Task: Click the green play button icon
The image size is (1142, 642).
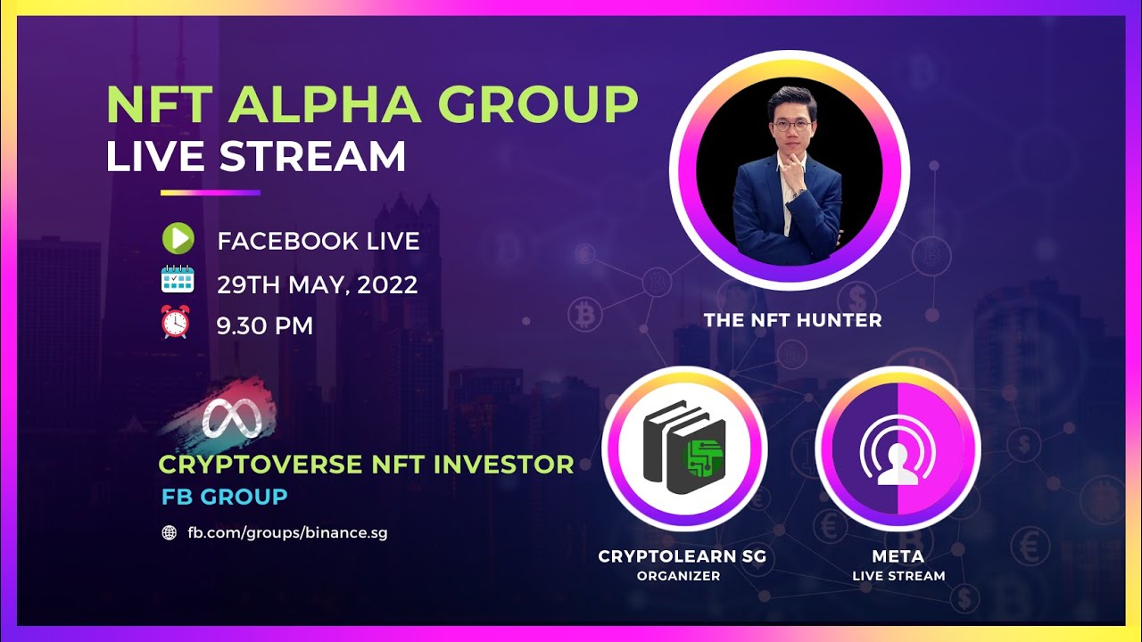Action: coord(178,239)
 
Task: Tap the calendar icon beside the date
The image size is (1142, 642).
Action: coord(177,279)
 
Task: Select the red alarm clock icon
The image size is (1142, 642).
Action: coord(176,322)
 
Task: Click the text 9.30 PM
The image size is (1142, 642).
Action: coord(265,325)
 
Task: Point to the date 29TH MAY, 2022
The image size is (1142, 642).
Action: coord(318,284)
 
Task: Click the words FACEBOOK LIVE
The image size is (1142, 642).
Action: coord(319,241)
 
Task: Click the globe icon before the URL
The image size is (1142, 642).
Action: coord(169,533)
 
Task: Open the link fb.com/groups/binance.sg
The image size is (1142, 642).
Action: coord(286,533)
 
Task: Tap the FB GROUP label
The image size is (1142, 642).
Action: coord(224,497)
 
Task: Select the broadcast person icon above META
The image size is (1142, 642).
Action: coord(898,449)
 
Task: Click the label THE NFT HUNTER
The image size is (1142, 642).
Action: coord(792,320)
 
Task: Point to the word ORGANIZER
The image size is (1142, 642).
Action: coord(678,576)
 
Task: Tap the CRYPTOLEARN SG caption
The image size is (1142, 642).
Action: coord(682,556)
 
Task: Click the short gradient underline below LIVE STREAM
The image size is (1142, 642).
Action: coord(211,192)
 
